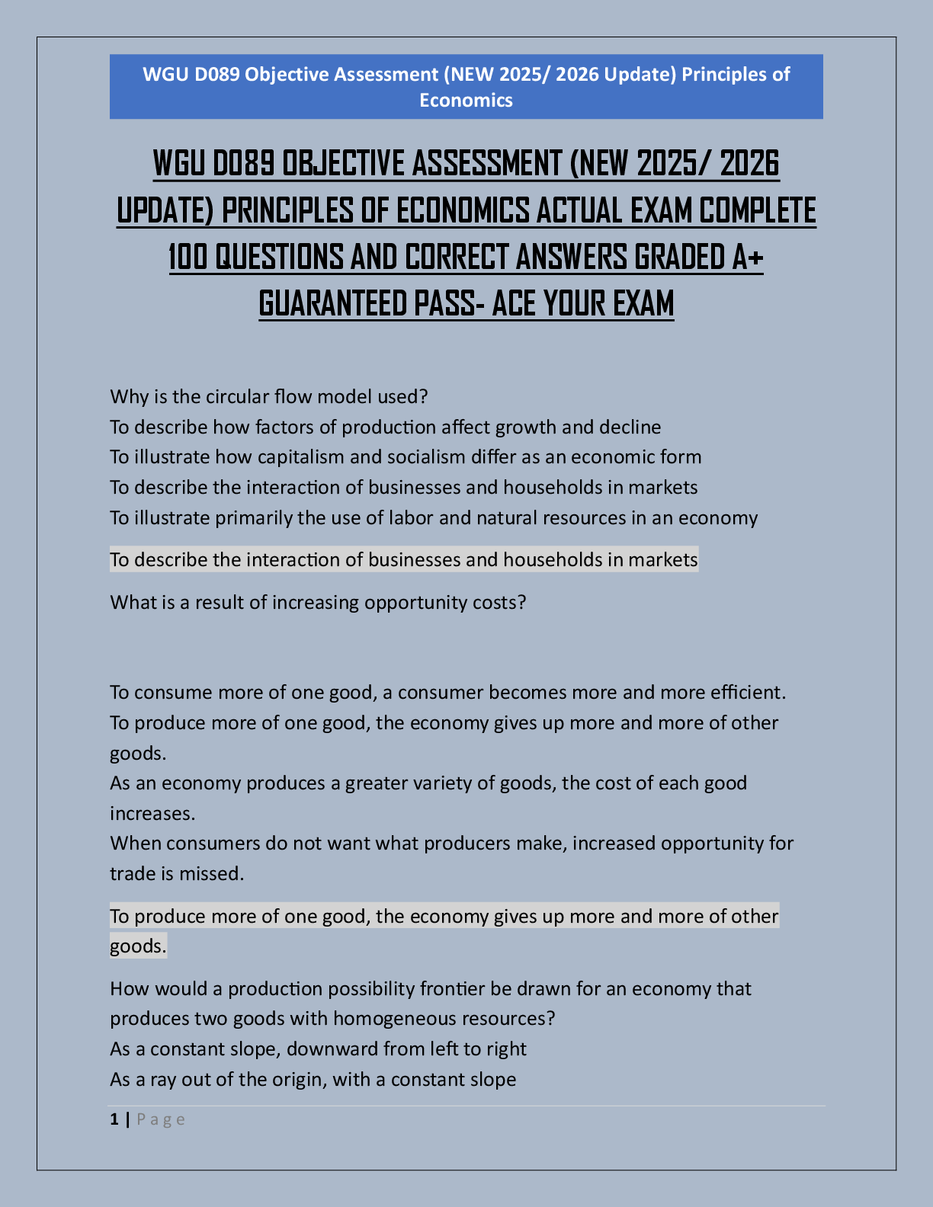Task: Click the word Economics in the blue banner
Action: [x=466, y=101]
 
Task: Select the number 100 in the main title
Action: [x=188, y=258]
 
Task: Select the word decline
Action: [x=630, y=427]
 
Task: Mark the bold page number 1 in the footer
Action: [x=114, y=1119]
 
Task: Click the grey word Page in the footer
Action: [x=161, y=1119]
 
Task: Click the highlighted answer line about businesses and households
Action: [x=404, y=560]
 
